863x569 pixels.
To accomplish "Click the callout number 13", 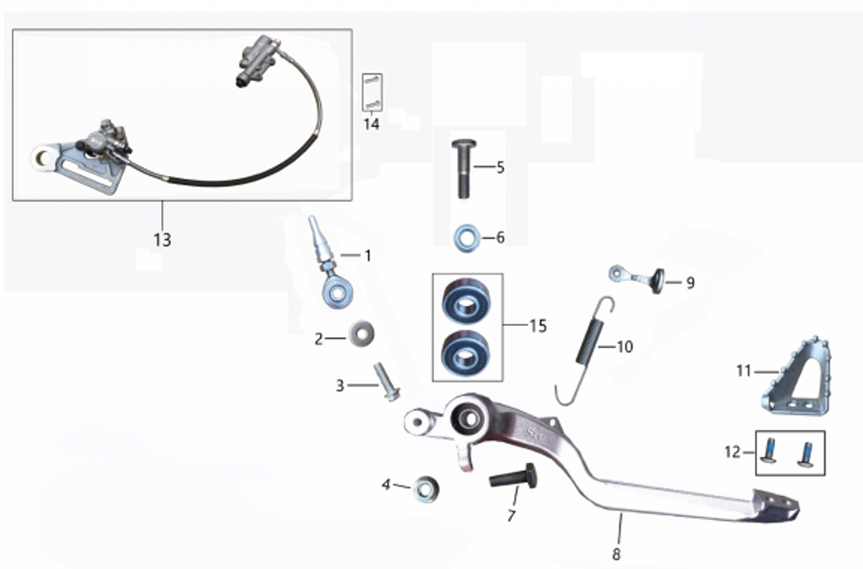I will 162,240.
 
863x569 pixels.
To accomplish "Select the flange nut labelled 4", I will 424,491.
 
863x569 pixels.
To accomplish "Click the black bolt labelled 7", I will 513,477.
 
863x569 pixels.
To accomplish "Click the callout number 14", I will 371,124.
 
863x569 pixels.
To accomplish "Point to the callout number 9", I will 690,282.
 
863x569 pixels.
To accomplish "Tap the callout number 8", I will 615,554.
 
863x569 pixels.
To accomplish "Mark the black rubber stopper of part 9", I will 658,280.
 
